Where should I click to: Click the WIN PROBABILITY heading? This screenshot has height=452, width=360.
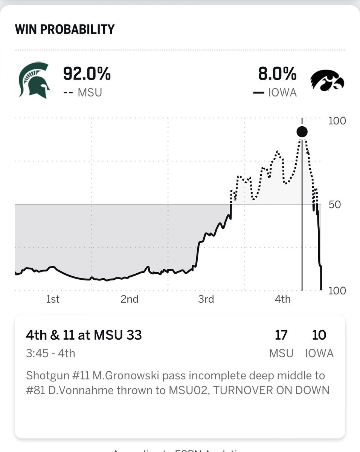pyautogui.click(x=64, y=29)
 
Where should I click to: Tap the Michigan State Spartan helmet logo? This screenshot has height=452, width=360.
pyautogui.click(x=34, y=80)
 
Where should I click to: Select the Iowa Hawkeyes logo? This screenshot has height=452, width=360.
pyautogui.click(x=327, y=80)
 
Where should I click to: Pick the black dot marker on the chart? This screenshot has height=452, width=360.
pyautogui.click(x=302, y=132)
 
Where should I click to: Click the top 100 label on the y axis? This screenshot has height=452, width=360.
pyautogui.click(x=337, y=121)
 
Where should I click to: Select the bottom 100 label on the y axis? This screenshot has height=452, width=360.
pyautogui.click(x=337, y=291)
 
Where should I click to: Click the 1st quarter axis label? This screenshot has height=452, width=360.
pyautogui.click(x=53, y=299)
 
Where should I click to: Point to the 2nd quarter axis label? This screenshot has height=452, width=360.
pyautogui.click(x=130, y=299)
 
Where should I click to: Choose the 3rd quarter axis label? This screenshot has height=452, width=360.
pyautogui.click(x=206, y=299)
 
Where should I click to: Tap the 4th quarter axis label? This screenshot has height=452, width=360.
pyautogui.click(x=282, y=299)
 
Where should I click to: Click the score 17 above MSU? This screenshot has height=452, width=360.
pyautogui.click(x=281, y=335)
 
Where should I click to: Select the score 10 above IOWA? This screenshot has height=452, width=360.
pyautogui.click(x=319, y=335)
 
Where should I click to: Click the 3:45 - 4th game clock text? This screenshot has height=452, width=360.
pyautogui.click(x=50, y=353)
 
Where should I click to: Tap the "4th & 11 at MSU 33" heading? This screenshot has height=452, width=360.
pyautogui.click(x=84, y=335)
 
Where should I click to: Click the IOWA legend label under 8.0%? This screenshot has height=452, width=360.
pyautogui.click(x=282, y=92)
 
